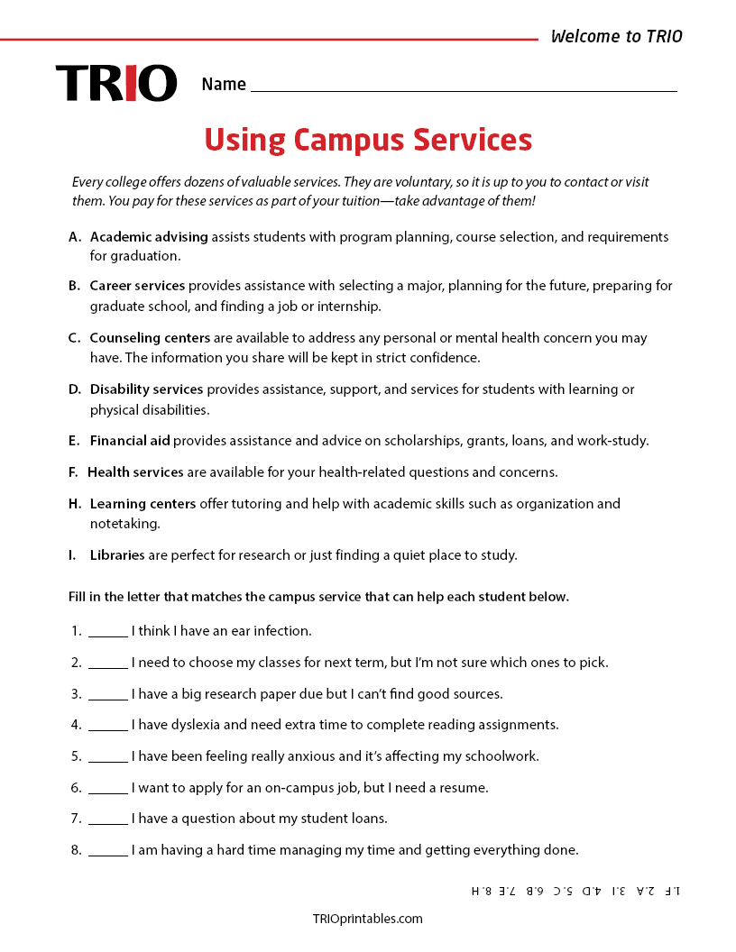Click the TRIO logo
point(115,83)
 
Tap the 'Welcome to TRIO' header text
point(616,37)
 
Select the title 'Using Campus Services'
point(368,140)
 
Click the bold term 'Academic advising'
point(149,237)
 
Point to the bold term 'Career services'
point(137,286)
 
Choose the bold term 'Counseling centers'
point(150,338)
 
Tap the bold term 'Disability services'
point(146,389)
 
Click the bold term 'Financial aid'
point(131,441)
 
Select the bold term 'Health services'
point(135,472)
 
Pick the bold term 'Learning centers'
point(143,504)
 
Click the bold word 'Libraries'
point(117,555)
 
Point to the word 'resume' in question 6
point(464,788)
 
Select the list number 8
point(76,849)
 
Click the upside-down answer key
point(575,891)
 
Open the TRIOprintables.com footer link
point(367,919)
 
